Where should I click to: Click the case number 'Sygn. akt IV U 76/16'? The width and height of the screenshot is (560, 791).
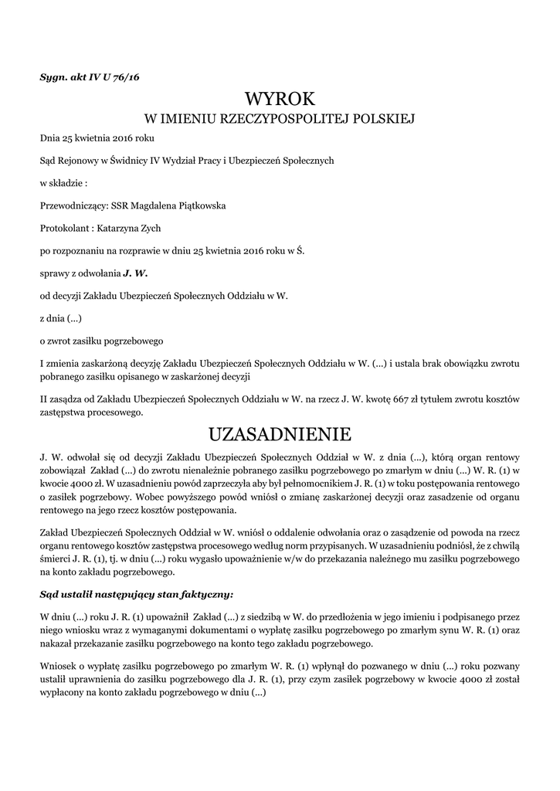click(89, 76)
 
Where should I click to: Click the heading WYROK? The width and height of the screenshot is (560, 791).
click(280, 99)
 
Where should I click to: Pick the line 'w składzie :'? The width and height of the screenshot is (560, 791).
click(63, 183)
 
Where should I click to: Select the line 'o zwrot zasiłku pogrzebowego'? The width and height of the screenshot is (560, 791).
click(101, 340)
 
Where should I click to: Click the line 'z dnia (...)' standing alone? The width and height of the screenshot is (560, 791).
click(60, 317)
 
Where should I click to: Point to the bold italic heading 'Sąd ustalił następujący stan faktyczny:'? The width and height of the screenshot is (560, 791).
click(136, 595)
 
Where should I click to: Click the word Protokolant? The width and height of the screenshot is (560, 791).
click(65, 228)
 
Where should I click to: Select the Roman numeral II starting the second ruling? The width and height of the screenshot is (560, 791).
click(44, 399)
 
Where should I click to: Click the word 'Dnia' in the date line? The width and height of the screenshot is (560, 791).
click(50, 138)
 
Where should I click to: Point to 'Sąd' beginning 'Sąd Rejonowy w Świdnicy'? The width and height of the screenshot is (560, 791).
click(48, 161)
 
